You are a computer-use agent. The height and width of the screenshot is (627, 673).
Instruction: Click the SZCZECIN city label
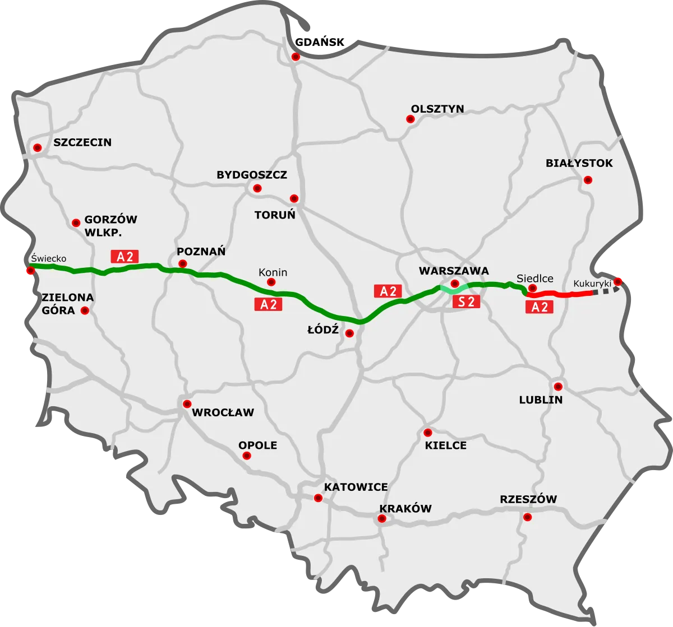(x=82, y=142)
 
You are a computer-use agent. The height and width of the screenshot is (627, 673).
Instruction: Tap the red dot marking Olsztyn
(x=410, y=119)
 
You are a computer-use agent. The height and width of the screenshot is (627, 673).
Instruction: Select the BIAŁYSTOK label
(x=579, y=164)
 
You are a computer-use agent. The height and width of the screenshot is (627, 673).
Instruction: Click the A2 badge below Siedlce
(x=540, y=306)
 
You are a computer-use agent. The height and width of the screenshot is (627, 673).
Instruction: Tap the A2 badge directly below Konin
(x=268, y=304)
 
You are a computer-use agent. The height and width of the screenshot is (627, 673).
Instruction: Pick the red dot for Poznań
(x=182, y=264)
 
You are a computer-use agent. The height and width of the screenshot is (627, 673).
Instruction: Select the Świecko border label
(x=49, y=258)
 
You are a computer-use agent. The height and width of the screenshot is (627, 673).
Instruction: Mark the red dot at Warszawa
(x=455, y=284)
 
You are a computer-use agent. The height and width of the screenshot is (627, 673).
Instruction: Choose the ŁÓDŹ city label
(x=322, y=330)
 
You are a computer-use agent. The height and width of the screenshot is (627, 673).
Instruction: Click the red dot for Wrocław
(x=187, y=403)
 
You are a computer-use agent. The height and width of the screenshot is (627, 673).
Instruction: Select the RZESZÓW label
(x=528, y=499)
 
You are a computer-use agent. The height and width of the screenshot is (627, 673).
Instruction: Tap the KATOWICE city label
(x=356, y=487)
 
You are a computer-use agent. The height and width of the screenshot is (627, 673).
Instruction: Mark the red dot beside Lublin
(x=558, y=387)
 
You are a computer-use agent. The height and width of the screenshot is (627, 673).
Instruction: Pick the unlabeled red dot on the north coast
(x=296, y=57)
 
